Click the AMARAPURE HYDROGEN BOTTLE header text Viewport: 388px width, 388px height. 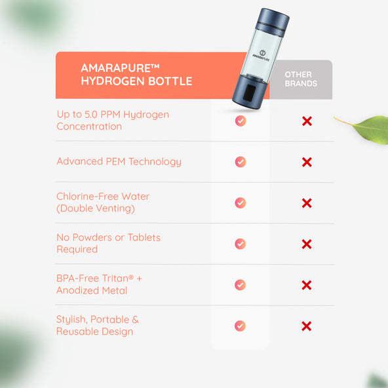tap(136, 75)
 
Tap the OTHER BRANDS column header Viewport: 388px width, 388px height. tap(301, 79)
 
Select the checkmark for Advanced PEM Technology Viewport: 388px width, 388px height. tap(241, 162)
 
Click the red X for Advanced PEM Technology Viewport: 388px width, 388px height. tap(307, 162)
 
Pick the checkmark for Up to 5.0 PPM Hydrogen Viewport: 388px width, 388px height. tap(241, 121)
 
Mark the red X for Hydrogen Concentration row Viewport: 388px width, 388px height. tap(307, 121)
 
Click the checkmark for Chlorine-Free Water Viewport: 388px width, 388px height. tap(241, 203)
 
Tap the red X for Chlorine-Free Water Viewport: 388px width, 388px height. tap(307, 203)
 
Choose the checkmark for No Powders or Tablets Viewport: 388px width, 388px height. tap(241, 244)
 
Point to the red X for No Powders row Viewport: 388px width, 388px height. tap(307, 244)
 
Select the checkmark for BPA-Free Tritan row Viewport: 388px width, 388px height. tap(240, 285)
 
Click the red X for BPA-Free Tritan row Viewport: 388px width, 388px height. tap(307, 285)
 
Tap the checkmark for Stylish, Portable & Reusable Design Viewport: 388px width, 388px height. tap(240, 326)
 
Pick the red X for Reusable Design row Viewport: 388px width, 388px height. tap(307, 326)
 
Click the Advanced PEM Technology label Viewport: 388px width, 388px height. tap(119, 162)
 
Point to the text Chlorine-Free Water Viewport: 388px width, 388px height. tap(103, 197)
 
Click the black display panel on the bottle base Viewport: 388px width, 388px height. tap(250, 93)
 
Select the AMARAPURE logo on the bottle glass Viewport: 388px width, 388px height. tap(262, 56)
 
